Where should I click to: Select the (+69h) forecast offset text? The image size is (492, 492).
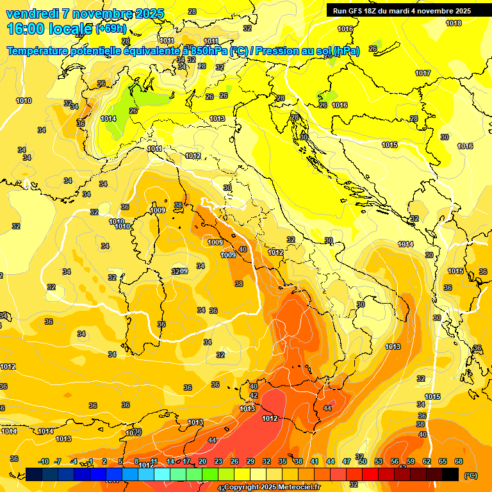(111, 29)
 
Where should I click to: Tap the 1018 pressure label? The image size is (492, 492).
(454, 24)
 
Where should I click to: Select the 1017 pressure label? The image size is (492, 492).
(423, 73)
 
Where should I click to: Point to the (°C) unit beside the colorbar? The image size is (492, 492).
(470, 475)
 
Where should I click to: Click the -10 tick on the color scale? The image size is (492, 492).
(44, 461)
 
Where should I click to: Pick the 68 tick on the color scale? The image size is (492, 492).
(459, 461)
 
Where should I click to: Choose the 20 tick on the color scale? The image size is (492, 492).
(202, 461)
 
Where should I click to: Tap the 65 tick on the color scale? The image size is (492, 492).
(443, 461)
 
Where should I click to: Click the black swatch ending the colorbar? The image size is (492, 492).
(450, 474)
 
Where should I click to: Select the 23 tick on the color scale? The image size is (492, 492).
(218, 461)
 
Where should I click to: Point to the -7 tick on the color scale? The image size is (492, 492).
(58, 461)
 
